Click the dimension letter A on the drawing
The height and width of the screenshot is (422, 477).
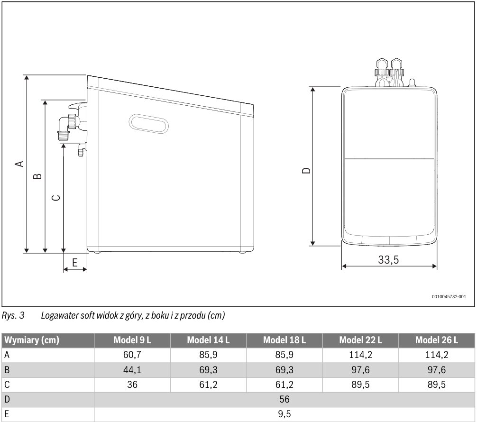tap(19, 164)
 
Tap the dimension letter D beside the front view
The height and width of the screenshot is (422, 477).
tap(307, 170)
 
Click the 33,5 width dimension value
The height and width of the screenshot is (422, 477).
tap(388, 259)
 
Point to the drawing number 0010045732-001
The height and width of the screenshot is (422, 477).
tap(449, 297)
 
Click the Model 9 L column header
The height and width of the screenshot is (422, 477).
tap(132, 340)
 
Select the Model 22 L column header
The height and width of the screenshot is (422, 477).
tap(360, 340)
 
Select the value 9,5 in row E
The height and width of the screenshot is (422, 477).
tap(284, 414)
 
